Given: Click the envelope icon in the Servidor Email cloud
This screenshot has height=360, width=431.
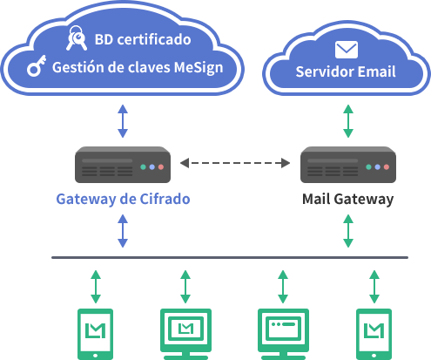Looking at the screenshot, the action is (x=347, y=50).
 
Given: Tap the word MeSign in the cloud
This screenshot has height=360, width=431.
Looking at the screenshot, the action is (x=199, y=68).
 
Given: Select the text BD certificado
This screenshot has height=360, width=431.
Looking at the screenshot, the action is (x=143, y=39).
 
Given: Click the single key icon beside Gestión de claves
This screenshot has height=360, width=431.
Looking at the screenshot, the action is (x=37, y=65).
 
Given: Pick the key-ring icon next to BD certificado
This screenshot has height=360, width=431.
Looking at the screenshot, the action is (x=77, y=38).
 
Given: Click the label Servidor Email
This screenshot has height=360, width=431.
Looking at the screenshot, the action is (x=346, y=71).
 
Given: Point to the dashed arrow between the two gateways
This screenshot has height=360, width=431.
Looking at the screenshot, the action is (x=235, y=163).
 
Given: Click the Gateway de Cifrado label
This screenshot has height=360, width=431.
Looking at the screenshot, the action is (x=123, y=200).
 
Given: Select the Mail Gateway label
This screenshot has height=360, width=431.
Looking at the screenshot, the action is (x=347, y=200).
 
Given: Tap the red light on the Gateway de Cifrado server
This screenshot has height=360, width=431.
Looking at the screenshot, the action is (x=161, y=167).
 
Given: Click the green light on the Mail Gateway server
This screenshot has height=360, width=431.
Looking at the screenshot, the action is (x=368, y=167).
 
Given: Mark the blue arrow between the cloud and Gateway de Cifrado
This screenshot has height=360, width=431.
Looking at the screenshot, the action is (x=123, y=121).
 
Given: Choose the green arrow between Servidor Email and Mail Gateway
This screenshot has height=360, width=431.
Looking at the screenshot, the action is (x=348, y=121).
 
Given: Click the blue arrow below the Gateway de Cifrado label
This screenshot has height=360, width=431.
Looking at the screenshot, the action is (x=123, y=231).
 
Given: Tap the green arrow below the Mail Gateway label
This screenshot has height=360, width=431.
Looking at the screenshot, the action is (x=348, y=231).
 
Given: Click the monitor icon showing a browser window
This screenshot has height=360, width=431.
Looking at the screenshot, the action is (x=283, y=334).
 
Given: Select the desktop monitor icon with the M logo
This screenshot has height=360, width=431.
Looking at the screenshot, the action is (x=185, y=334).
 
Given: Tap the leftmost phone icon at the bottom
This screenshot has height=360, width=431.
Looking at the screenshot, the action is (x=96, y=334).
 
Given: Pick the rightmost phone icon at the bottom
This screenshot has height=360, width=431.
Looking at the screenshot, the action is (x=374, y=334).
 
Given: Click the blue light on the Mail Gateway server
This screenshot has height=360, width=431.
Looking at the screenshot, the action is (x=377, y=167).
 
